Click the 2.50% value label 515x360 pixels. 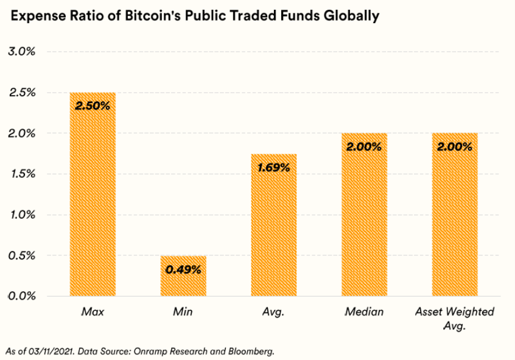93,106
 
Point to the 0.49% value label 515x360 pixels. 183,269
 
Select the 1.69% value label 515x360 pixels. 274,168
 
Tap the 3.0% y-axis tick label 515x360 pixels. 22,52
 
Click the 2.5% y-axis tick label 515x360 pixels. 22,93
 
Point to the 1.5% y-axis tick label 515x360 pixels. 22,174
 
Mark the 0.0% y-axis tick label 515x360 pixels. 22,296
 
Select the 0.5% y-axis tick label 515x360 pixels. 22,255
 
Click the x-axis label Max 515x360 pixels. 93,312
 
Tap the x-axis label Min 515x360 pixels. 183,312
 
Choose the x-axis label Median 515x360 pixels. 364,312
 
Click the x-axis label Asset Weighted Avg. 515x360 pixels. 455,319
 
